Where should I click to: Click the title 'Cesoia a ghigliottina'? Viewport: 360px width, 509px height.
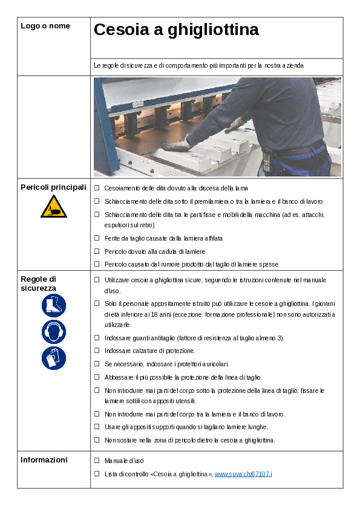coord(176,30)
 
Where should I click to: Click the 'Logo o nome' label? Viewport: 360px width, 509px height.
coord(45,26)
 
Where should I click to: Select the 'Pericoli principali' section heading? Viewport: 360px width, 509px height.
coord(53,187)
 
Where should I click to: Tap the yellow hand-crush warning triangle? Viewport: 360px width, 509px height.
coord(54,207)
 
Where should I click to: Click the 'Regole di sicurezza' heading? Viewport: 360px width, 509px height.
coord(39,284)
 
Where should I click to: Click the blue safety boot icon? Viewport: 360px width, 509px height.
coord(54,306)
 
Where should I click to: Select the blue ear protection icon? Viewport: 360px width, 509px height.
coord(54,332)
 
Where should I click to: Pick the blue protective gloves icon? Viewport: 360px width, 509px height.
coord(54,358)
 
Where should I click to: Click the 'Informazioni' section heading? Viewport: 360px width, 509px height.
coord(44,460)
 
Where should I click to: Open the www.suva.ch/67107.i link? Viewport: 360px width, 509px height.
coord(243,474)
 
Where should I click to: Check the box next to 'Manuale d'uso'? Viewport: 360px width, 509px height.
coord(97,461)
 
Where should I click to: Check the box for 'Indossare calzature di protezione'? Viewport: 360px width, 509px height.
coord(97,351)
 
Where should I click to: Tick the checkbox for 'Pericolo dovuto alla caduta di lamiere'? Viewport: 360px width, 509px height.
coord(97,251)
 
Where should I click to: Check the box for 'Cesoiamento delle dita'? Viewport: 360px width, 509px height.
coord(97,188)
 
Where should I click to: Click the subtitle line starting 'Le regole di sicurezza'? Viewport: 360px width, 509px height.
coord(198,65)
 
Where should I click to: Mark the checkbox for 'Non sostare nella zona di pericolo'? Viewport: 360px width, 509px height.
coord(97,440)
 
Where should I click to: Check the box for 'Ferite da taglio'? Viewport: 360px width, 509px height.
coord(97,238)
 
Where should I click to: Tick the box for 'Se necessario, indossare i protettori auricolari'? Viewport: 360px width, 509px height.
coord(97,363)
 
